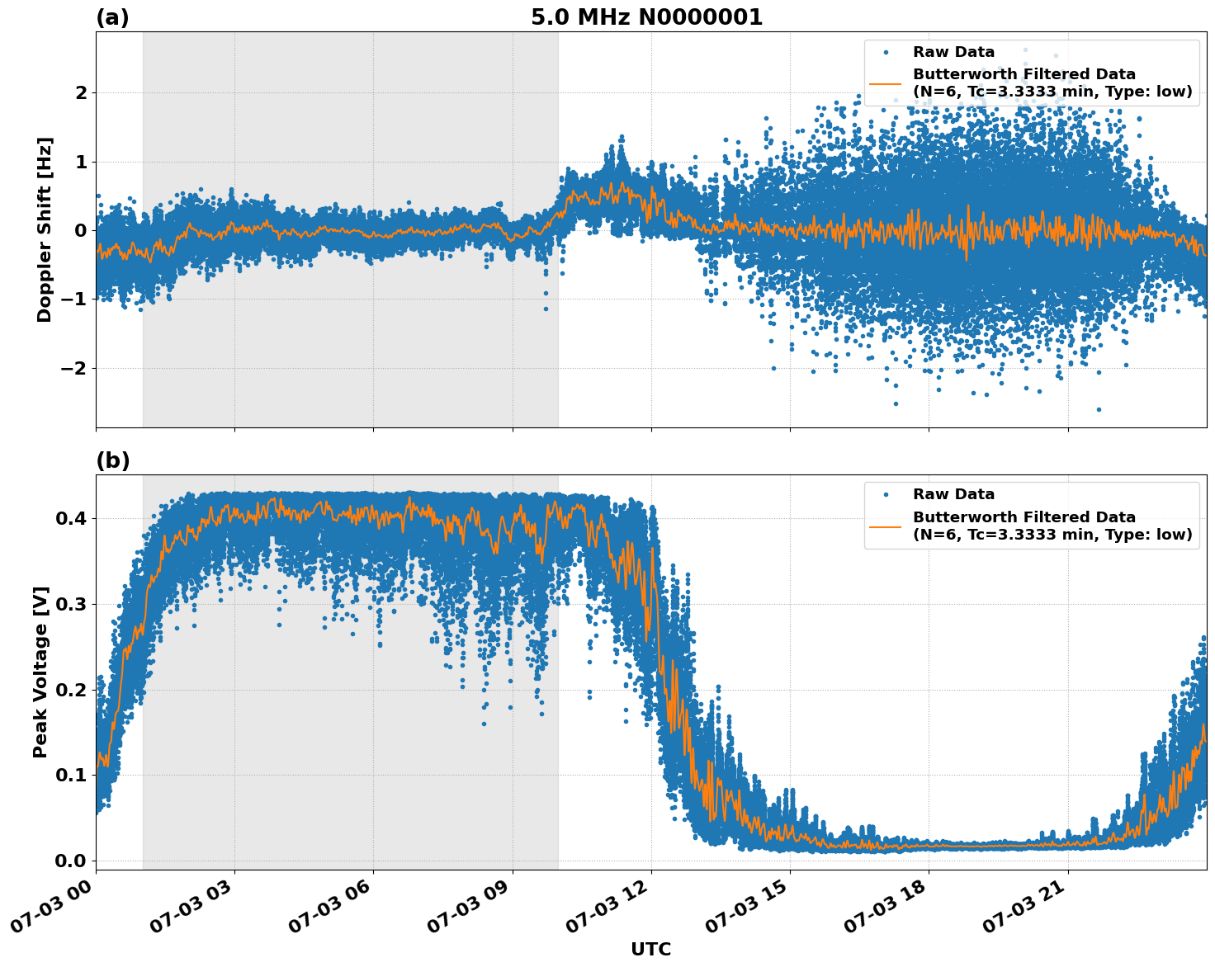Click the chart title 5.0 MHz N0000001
(x=646, y=17)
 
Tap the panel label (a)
(x=112, y=17)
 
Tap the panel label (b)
(x=112, y=460)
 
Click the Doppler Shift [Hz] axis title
(x=45, y=229)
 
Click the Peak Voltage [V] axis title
(x=40, y=672)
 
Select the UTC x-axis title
(x=650, y=949)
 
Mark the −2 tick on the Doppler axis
(x=73, y=368)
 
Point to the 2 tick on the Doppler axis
(x=81, y=92)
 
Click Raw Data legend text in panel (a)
(x=953, y=52)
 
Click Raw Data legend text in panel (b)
(x=953, y=494)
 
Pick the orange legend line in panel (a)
(x=886, y=83)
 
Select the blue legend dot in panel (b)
(x=886, y=494)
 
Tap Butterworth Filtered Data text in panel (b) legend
(x=1024, y=517)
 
